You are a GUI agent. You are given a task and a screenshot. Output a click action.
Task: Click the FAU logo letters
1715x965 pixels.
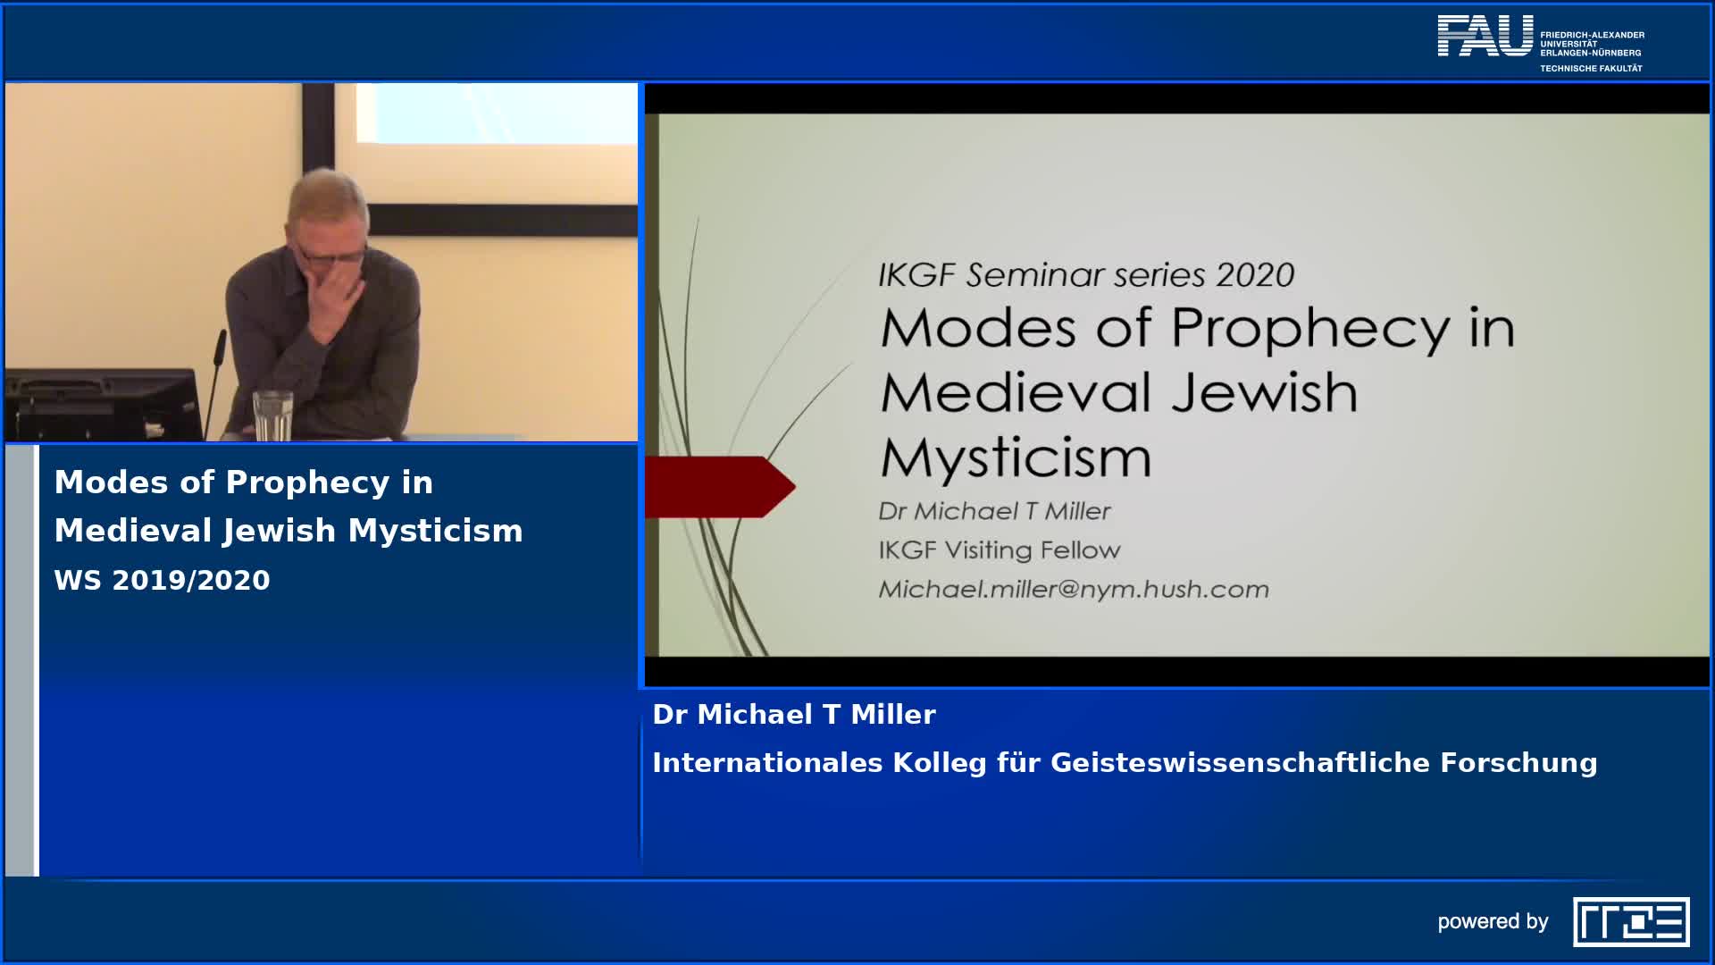coord(1485,36)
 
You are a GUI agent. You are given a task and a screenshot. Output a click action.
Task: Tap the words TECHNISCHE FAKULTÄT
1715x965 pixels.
coord(1591,68)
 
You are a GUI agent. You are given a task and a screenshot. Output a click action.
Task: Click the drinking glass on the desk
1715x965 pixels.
coord(272,415)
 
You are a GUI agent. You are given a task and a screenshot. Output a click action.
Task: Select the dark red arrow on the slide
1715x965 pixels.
coord(720,487)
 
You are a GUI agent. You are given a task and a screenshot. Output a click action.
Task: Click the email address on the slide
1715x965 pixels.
coord(1074,590)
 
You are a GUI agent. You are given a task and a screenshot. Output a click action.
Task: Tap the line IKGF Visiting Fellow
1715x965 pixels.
coord(999,550)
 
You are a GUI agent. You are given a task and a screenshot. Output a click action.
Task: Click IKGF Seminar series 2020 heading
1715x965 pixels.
coord(1086,274)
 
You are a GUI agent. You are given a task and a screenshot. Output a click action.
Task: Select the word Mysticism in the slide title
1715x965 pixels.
coord(1016,457)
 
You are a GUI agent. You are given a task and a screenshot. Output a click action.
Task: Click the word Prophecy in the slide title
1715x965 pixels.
coord(1310,329)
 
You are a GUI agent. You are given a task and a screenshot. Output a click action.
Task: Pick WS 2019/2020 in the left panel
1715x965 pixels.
coord(162,580)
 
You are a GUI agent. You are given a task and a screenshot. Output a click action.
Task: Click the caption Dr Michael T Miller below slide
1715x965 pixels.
coord(794,715)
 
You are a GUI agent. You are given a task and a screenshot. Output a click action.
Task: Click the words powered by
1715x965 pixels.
coord(1493,922)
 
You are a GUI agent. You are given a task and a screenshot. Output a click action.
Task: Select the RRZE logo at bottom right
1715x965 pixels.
coord(1631,922)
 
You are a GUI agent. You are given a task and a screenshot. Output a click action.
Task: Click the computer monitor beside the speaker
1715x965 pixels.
coord(103,405)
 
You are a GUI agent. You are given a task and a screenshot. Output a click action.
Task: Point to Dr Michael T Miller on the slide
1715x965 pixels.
coord(994,511)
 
